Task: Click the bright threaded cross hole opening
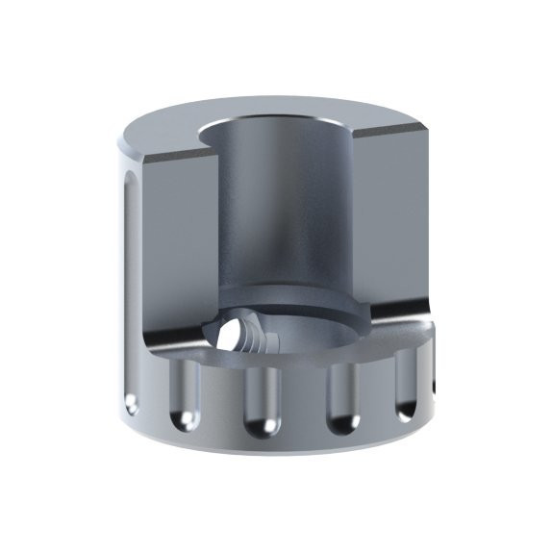coord(230,338)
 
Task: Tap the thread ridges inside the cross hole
coord(254,339)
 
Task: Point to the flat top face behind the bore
coord(289,109)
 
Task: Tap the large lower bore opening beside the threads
coord(308,337)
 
